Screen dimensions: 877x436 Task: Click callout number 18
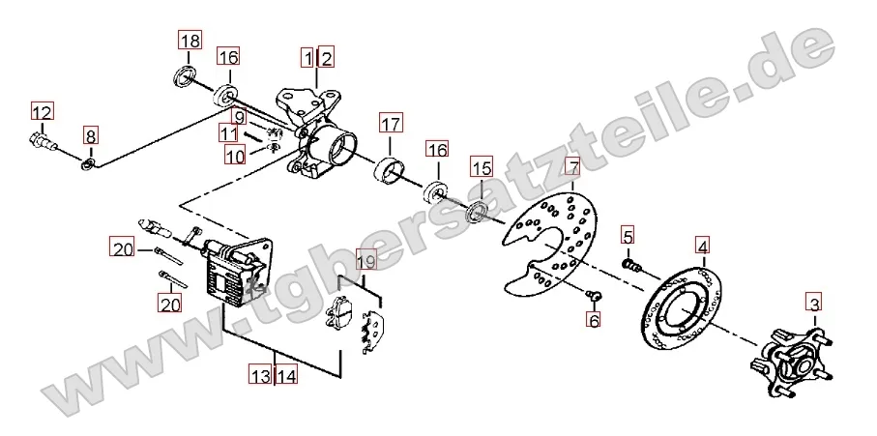tap(190, 41)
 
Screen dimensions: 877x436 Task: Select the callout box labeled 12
tap(42, 112)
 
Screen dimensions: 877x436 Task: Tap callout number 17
tap(391, 123)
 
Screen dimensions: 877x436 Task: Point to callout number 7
tap(572, 167)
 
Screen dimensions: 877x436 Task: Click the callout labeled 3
tap(814, 305)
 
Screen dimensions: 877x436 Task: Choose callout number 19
tap(366, 260)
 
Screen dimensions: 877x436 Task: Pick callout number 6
tap(593, 320)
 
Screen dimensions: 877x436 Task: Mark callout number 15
tap(482, 168)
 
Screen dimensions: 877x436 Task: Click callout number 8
tap(91, 136)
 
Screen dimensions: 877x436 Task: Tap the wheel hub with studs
tap(792, 362)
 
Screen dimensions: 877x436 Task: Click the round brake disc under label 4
tap(680, 308)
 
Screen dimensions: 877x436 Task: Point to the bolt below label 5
tap(630, 264)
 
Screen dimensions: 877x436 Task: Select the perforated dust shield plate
tap(551, 246)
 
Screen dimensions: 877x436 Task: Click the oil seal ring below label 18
tap(185, 75)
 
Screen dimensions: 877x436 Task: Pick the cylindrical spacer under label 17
tap(390, 169)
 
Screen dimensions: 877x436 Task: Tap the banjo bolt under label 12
tap(44, 140)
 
